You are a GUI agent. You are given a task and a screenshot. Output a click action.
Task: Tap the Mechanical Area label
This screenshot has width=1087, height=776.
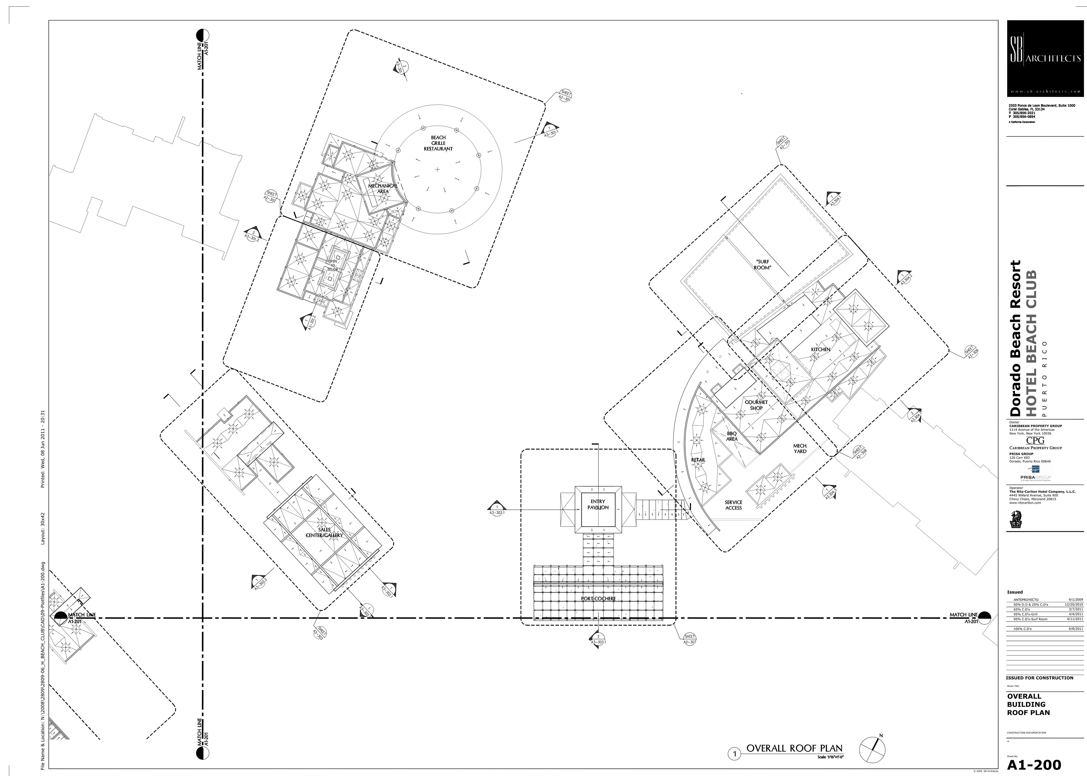coord(382,188)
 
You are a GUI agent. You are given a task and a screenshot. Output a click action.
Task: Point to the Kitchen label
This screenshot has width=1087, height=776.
coord(820,349)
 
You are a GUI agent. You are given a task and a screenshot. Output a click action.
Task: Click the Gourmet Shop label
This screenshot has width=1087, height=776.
coord(756,405)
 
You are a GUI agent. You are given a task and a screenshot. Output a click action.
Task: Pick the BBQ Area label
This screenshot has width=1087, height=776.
coord(732,436)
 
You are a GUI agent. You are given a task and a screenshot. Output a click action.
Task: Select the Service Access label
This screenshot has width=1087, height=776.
coord(733,505)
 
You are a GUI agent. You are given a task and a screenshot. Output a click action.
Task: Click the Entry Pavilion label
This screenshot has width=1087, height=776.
coord(598,505)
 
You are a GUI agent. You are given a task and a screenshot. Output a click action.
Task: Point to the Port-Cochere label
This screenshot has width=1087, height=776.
coord(598,599)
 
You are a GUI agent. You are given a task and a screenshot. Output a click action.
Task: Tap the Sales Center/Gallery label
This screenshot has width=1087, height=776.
coord(325,532)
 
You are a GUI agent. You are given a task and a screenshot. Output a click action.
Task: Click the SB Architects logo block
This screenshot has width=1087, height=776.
coord(1045,58)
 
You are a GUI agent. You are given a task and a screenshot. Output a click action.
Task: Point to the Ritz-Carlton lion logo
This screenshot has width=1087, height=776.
coord(1015,519)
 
